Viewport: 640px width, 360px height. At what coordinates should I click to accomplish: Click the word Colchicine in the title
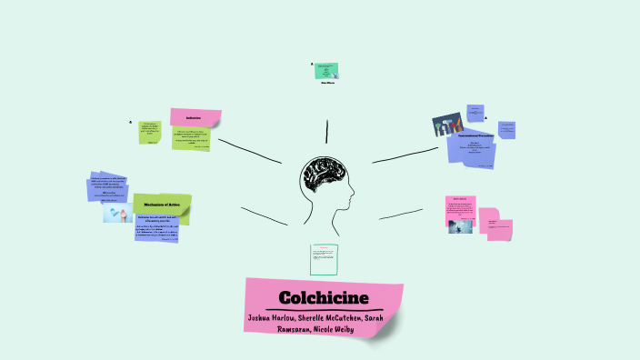(x=323, y=298)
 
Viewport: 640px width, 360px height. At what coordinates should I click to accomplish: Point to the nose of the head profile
(x=355, y=194)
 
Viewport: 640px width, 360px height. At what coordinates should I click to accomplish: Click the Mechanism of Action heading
(x=162, y=206)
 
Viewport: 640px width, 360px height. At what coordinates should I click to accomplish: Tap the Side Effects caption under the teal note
(x=327, y=84)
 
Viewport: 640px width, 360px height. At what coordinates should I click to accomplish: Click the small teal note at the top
(x=326, y=70)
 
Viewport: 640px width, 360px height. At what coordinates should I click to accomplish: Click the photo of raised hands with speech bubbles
(x=447, y=126)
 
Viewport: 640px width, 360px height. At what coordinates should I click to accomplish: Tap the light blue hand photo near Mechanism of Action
(x=118, y=211)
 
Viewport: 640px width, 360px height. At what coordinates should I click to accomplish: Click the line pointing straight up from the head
(x=326, y=132)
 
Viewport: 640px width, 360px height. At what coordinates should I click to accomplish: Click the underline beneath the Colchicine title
(x=324, y=311)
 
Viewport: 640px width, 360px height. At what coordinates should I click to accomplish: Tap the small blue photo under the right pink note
(x=460, y=223)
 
